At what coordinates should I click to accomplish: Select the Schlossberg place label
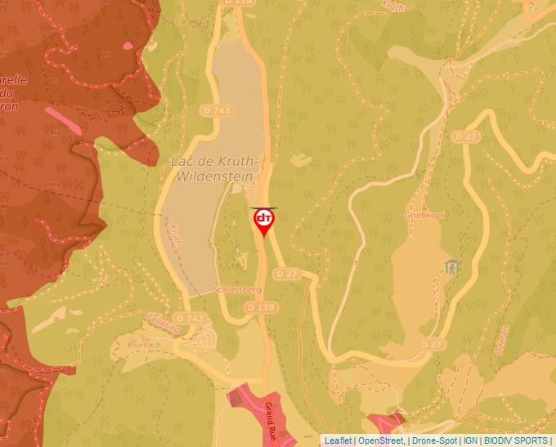tap(236, 289)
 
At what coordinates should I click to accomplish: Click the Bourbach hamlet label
tap(146, 344)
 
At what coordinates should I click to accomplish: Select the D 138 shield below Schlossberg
tap(260, 306)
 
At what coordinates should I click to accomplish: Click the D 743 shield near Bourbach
tap(191, 318)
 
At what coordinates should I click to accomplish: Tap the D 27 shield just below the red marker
tap(286, 273)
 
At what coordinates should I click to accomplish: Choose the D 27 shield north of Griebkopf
tap(467, 135)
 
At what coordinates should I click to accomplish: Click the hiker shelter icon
tap(451, 266)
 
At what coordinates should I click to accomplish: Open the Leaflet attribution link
tap(338, 440)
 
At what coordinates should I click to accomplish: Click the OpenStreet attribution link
tap(380, 440)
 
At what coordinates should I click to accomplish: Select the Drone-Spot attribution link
tap(433, 440)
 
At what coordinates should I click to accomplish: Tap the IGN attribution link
tap(470, 440)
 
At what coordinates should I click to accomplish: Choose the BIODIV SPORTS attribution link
tap(516, 440)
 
